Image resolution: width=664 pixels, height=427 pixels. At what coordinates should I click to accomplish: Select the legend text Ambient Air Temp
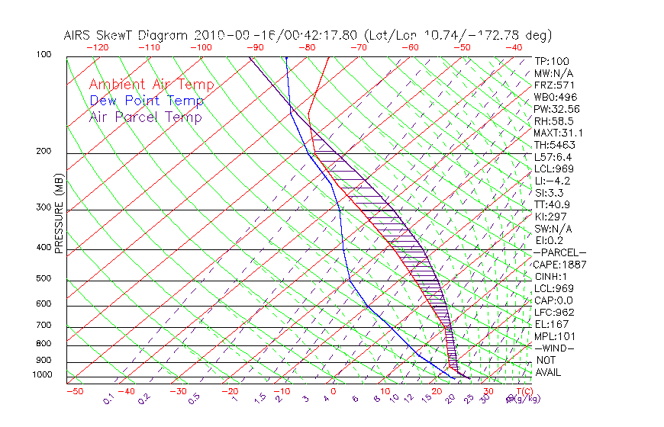[x=152, y=85]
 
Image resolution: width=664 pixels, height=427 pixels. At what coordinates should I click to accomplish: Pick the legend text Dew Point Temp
[x=147, y=101]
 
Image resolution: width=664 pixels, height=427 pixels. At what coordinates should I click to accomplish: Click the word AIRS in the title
[x=80, y=35]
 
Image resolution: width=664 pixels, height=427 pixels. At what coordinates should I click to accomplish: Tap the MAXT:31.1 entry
[x=557, y=133]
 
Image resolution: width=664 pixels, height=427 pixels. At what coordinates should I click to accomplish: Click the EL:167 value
[x=550, y=324]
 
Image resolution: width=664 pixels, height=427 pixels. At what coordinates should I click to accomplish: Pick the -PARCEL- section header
[x=559, y=252]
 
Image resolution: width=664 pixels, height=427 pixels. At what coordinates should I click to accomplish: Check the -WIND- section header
[x=554, y=348]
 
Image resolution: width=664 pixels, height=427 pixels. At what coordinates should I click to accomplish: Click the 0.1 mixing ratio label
[x=108, y=397]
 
